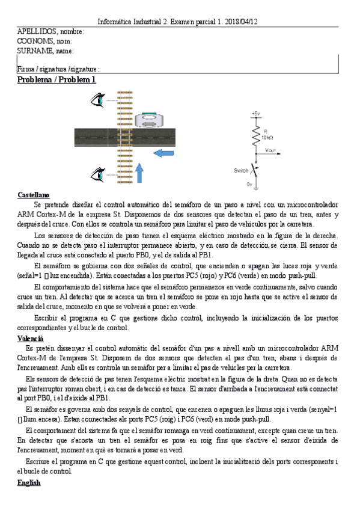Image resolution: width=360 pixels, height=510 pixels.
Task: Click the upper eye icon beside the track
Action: tap(97, 100)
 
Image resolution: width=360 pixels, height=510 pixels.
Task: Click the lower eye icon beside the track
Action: tap(97, 174)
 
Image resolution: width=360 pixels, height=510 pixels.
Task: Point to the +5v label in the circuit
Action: tap(256, 114)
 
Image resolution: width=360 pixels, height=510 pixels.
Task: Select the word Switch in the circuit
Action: tap(240, 171)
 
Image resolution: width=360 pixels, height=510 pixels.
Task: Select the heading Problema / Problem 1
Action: tap(56, 79)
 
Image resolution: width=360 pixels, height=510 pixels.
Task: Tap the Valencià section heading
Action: tap(31, 339)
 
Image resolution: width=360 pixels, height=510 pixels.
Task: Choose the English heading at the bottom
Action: tap(29, 482)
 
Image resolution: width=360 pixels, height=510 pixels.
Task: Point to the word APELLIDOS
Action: tap(37, 31)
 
